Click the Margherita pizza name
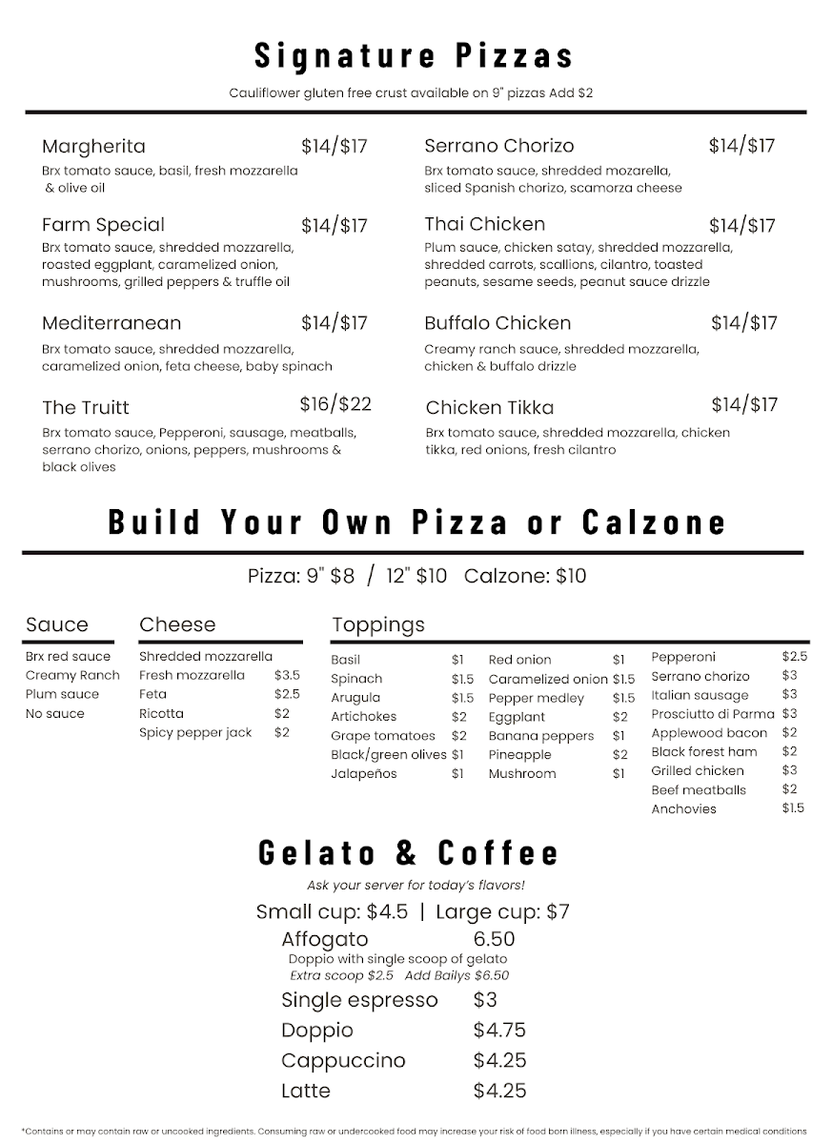click(93, 147)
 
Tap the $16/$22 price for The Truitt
click(335, 404)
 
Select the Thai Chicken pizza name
click(485, 225)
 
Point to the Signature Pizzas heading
click(415, 55)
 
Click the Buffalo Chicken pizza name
click(497, 323)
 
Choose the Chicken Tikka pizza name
click(490, 408)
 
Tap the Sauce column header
click(57, 625)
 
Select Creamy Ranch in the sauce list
click(72, 676)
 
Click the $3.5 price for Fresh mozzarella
click(287, 676)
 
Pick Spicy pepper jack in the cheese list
click(195, 733)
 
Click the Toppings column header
click(378, 625)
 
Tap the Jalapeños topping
click(364, 774)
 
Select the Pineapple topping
click(520, 755)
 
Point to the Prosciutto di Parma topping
click(713, 714)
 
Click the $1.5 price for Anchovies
click(793, 808)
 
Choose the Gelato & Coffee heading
click(409, 852)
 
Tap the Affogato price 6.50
click(494, 939)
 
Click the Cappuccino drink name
click(343, 1061)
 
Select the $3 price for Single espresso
click(485, 1000)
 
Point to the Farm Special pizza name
click(103, 226)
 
